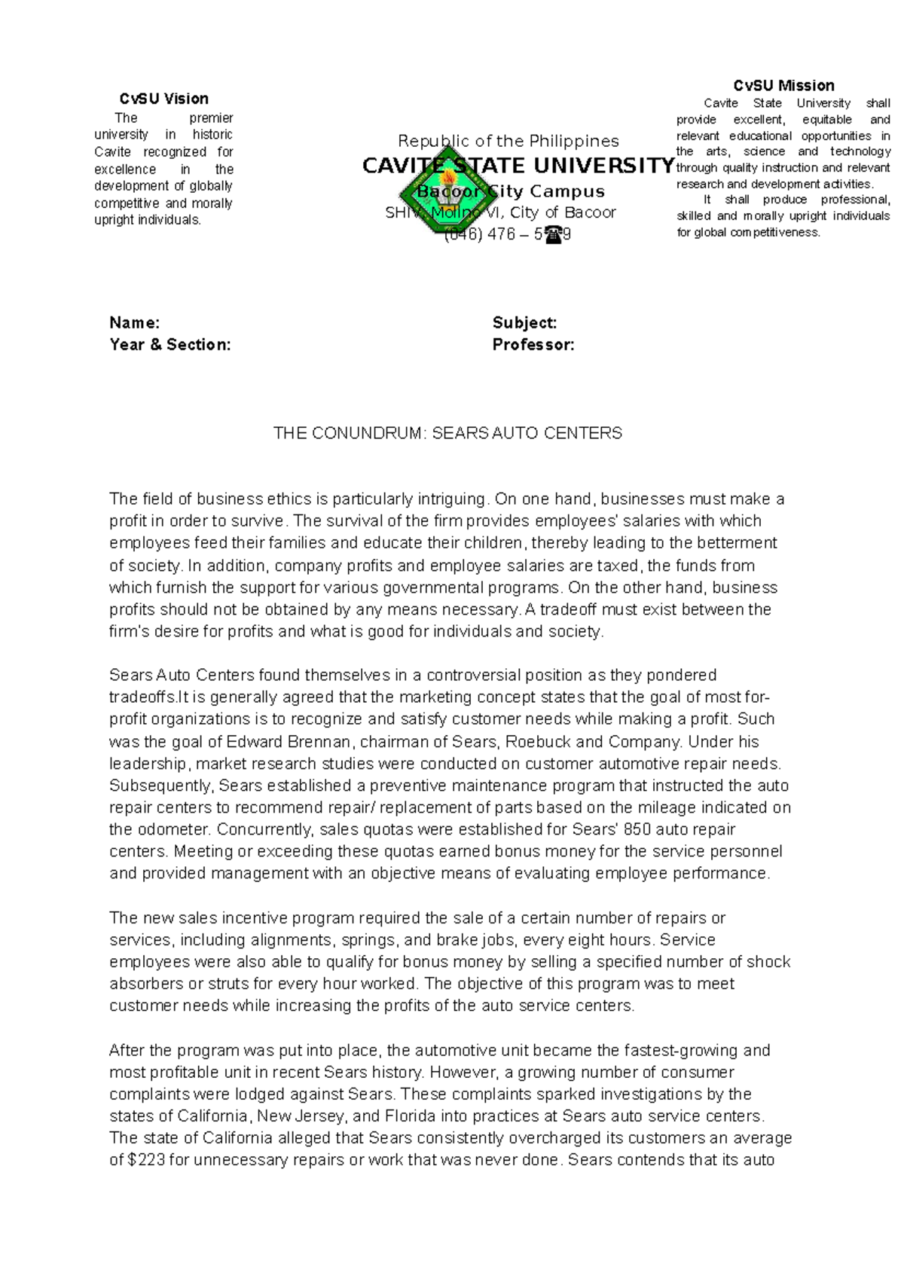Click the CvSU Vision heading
(x=163, y=99)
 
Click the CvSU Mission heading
(x=783, y=86)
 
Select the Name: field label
(x=134, y=323)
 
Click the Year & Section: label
(x=169, y=345)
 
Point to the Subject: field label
(x=524, y=323)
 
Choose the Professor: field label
(x=533, y=345)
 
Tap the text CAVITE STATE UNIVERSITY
(x=518, y=166)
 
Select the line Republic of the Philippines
(x=508, y=141)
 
